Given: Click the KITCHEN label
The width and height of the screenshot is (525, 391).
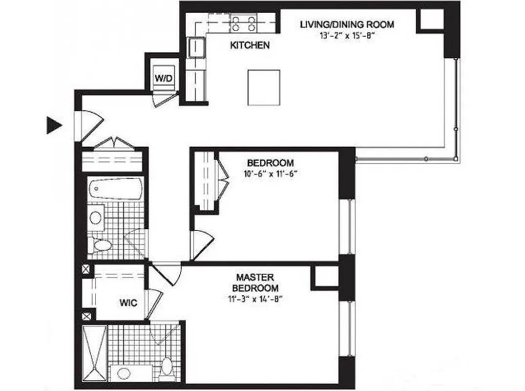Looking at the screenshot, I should (250, 45).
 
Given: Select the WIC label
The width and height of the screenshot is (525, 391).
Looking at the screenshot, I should (128, 303).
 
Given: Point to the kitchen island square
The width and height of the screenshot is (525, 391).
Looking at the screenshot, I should (264, 87).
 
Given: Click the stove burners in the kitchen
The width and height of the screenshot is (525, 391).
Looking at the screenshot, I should (244, 23).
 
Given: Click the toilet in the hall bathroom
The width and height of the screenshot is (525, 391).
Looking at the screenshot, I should (102, 245).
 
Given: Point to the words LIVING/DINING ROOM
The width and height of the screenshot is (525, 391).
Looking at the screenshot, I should (347, 24).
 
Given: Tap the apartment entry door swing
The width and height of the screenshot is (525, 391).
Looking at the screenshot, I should (91, 125).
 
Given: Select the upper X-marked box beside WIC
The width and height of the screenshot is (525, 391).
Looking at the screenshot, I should (86, 269).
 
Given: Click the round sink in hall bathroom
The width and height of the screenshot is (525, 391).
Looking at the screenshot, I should (96, 217).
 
